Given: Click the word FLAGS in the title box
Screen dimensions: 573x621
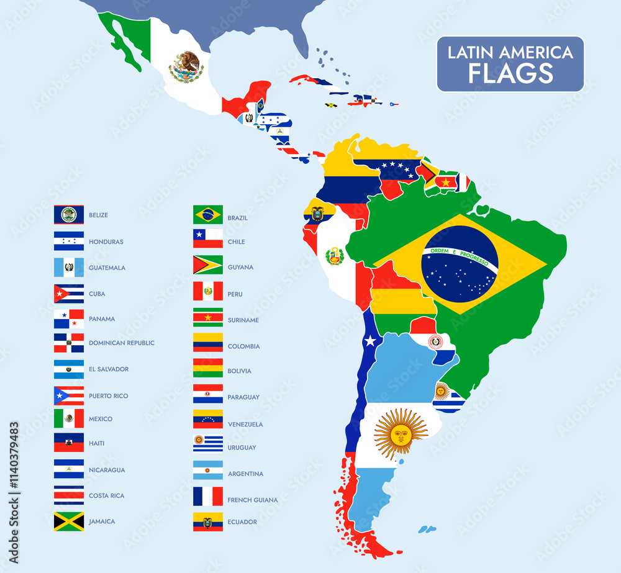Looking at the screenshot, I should pyautogui.click(x=510, y=73).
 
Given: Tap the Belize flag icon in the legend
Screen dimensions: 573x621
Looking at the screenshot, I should pyautogui.click(x=68, y=215).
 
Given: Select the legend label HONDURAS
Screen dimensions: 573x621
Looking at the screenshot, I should pyautogui.click(x=106, y=241).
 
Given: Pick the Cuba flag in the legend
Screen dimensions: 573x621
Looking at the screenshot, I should pyautogui.click(x=68, y=294).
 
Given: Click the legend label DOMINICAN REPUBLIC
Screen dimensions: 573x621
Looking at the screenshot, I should pyautogui.click(x=122, y=343).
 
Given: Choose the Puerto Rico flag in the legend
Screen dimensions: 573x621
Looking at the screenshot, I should pyautogui.click(x=68, y=395).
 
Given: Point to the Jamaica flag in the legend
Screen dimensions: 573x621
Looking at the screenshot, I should pyautogui.click(x=68, y=521).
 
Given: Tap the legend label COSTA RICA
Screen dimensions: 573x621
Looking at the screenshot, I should pyautogui.click(x=106, y=495).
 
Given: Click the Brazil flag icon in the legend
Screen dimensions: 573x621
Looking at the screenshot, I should pyautogui.click(x=207, y=215).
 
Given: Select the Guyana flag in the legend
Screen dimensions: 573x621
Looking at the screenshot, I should pyautogui.click(x=207, y=265).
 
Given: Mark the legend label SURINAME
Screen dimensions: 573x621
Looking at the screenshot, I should pyautogui.click(x=243, y=320).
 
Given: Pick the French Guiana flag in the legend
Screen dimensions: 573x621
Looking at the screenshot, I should pyautogui.click(x=207, y=497).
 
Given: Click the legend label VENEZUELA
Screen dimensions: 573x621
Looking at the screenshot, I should pyautogui.click(x=245, y=425).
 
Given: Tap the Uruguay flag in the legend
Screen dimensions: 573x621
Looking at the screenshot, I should pyautogui.click(x=207, y=444).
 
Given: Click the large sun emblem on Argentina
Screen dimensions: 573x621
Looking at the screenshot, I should pyautogui.click(x=401, y=434).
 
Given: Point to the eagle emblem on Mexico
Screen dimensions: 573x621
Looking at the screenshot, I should pyautogui.click(x=186, y=66).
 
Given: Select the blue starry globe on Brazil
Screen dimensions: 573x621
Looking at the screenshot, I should pyautogui.click(x=460, y=264).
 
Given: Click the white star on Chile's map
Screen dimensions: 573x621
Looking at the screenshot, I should pyautogui.click(x=371, y=340).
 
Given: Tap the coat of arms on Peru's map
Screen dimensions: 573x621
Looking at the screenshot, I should pyautogui.click(x=334, y=256).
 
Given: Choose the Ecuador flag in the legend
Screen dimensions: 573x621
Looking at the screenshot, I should pyautogui.click(x=207, y=521).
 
